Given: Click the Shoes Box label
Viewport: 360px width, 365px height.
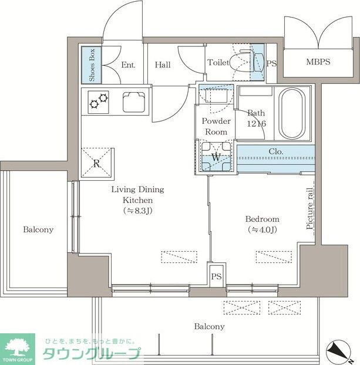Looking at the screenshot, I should coord(92,65).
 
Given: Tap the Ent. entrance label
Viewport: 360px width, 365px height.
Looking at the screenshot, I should coord(128,65).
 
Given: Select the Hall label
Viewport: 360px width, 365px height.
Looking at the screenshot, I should coord(163,65).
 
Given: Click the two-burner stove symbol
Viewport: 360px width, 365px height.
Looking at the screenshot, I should coord(98,102).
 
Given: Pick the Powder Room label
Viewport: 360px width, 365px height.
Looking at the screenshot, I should coord(216,126).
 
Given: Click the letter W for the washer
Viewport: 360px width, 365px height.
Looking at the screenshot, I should coord(216,157).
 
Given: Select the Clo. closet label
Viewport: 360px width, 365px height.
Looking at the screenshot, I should coord(276,151).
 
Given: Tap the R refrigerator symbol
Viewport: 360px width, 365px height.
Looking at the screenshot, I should coord(97,164).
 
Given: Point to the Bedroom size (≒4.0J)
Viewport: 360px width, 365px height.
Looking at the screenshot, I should coord(261,229).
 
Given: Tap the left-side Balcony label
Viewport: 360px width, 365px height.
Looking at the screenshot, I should coord(38,229).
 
